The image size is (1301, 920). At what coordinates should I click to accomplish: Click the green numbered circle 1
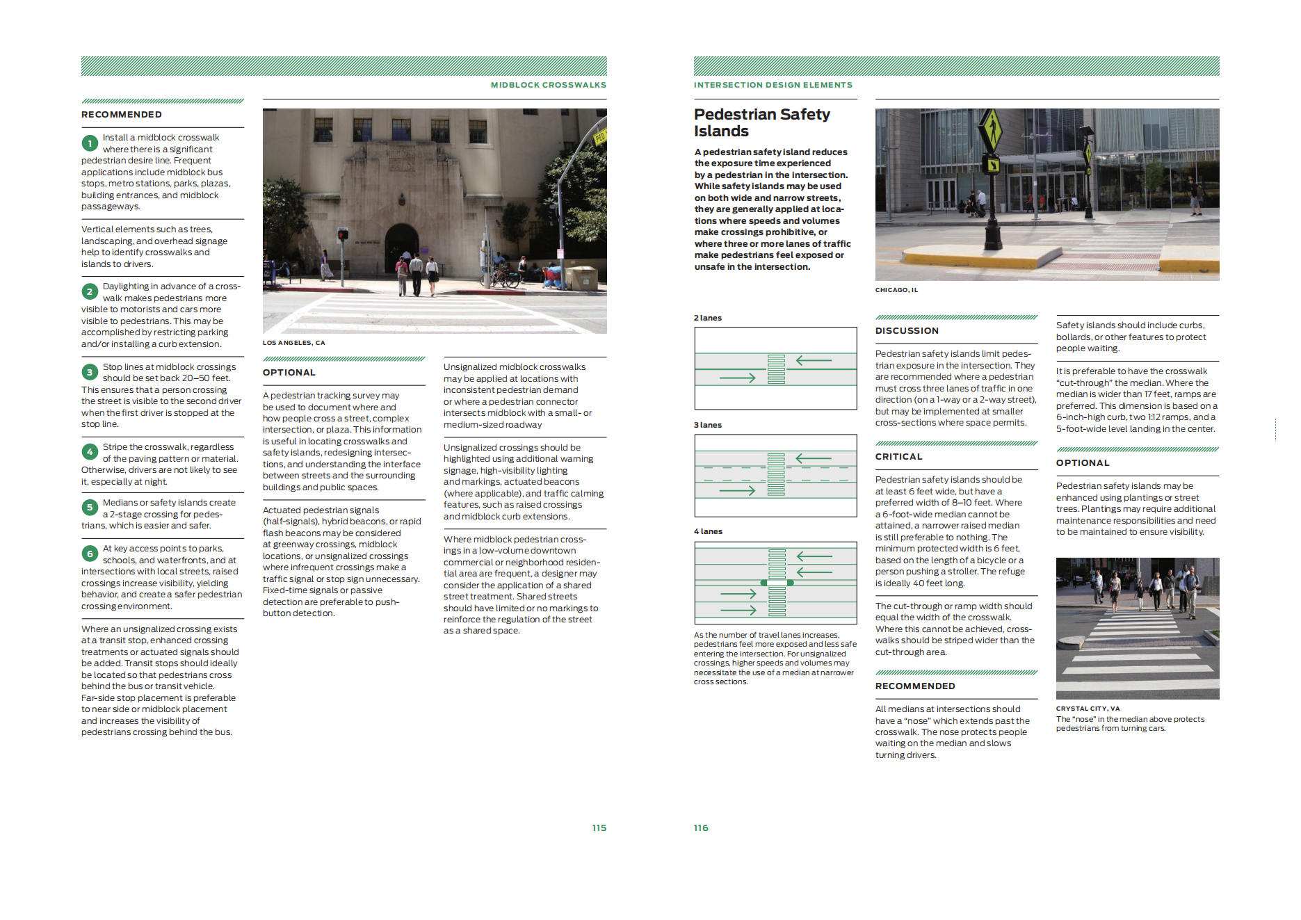(90, 143)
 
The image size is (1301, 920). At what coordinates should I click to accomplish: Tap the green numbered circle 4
(90, 452)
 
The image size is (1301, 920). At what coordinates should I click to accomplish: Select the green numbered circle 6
(90, 554)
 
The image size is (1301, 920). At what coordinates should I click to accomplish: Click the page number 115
(599, 828)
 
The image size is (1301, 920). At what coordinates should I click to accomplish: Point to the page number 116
(701, 828)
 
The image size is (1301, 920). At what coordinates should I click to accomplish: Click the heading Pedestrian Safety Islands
(761, 122)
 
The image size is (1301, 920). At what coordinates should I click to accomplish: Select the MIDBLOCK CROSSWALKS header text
(548, 85)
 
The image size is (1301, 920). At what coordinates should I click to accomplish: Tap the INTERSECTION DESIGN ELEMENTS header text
(773, 85)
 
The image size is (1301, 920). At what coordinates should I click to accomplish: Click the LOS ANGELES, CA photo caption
(293, 343)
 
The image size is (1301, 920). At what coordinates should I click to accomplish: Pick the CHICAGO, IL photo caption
(896, 290)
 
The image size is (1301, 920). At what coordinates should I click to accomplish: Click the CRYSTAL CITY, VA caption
(1088, 709)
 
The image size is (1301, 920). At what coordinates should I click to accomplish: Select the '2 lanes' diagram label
(707, 318)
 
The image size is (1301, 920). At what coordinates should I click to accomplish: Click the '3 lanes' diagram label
(707, 425)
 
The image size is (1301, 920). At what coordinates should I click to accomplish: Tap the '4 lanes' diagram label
(708, 531)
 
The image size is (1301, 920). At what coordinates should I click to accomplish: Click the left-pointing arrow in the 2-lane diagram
(814, 360)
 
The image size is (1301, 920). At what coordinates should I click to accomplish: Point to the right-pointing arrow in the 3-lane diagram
(738, 490)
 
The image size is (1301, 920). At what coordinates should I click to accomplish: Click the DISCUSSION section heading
(907, 331)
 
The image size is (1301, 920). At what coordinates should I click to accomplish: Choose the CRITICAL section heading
(898, 457)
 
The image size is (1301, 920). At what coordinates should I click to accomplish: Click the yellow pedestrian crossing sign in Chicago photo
(990, 129)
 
